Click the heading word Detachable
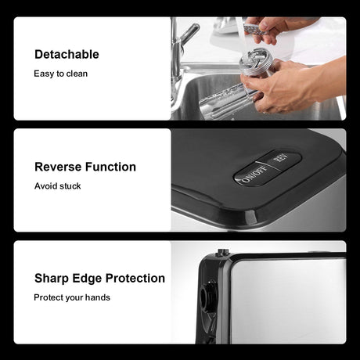(67, 55)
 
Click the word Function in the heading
(110, 167)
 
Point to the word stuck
(69, 186)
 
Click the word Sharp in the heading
(52, 279)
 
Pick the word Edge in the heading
(87, 279)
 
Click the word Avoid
(45, 186)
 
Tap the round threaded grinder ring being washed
(256, 61)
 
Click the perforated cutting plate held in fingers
(256, 29)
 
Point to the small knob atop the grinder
(223, 252)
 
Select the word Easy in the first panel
(44, 74)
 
